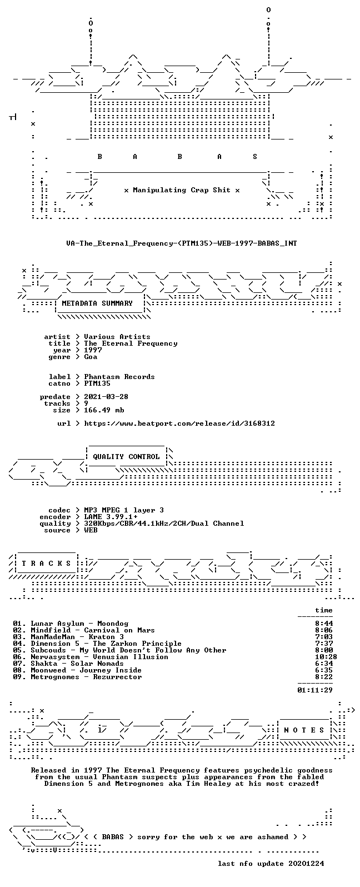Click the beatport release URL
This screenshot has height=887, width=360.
coord(179,423)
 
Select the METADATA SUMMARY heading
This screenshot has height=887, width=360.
coord(97,303)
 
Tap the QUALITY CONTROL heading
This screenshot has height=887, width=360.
coord(126,457)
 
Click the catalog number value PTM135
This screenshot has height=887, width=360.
coord(97,383)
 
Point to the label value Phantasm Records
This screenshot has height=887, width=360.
coord(119,377)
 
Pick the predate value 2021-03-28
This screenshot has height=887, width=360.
coord(106,397)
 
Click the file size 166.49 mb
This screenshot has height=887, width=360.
coord(104,410)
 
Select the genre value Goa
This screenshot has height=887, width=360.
coord(91,357)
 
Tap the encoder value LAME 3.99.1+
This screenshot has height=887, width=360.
coord(111,517)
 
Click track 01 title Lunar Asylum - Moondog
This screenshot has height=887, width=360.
coord(79,624)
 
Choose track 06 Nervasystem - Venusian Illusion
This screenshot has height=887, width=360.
coord(99,657)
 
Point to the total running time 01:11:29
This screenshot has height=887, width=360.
coord(315,690)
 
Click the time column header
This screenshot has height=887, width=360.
coord(324,610)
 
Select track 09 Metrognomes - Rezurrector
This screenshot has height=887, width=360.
coord(86,677)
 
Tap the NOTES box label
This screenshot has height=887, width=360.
coord(304,730)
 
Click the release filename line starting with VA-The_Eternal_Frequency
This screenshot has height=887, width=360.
coord(181,243)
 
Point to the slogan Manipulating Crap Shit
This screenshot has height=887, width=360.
coord(182,190)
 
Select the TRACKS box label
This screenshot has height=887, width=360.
coord(46,564)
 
